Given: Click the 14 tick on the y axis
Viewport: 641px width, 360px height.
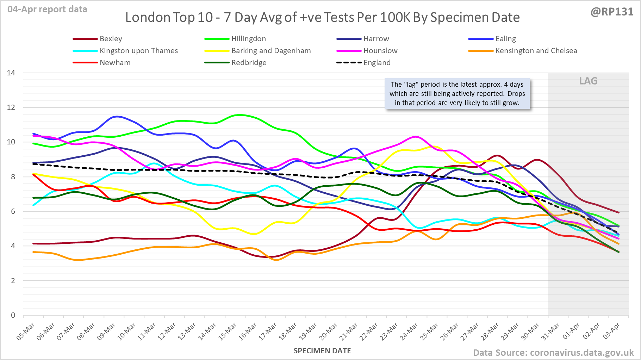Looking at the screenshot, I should pyautogui.click(x=11, y=73).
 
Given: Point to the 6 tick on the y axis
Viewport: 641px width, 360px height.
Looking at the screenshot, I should pyautogui.click(x=13, y=211).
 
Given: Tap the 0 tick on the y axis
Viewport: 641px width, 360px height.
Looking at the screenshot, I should pyautogui.click(x=13, y=315).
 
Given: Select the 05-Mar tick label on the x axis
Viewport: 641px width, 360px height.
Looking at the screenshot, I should pyautogui.click(x=26, y=331).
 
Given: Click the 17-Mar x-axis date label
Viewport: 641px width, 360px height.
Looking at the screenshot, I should pyautogui.click(x=268, y=331).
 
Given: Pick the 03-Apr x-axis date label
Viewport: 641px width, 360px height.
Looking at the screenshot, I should pyautogui.click(x=612, y=331).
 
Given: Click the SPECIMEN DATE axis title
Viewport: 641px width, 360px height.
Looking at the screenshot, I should pyautogui.click(x=322, y=351).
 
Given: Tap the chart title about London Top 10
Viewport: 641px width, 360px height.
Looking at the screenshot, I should pyautogui.click(x=322, y=17).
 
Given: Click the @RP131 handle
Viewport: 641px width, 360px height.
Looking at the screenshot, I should pyautogui.click(x=612, y=12).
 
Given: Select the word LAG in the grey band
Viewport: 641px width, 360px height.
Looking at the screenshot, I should pyautogui.click(x=588, y=81).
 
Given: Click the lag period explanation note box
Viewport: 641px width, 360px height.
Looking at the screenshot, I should pyautogui.click(x=457, y=94).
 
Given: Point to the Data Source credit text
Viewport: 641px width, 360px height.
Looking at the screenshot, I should pyautogui.click(x=553, y=353).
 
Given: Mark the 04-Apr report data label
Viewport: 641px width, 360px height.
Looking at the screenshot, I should pyautogui.click(x=47, y=10).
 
